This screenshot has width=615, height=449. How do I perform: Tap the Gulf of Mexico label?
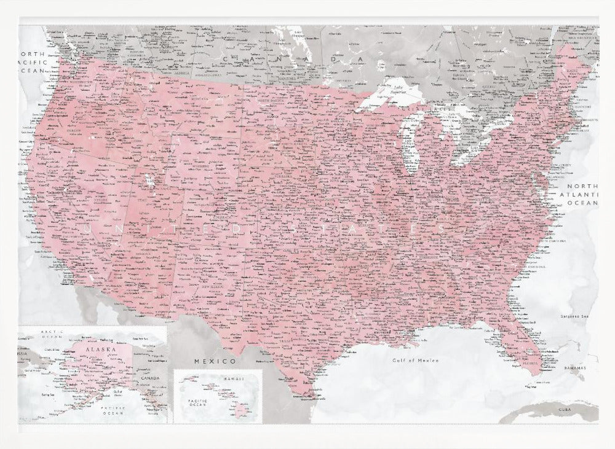(416, 361)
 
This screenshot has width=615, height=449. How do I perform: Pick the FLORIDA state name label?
(528, 362)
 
